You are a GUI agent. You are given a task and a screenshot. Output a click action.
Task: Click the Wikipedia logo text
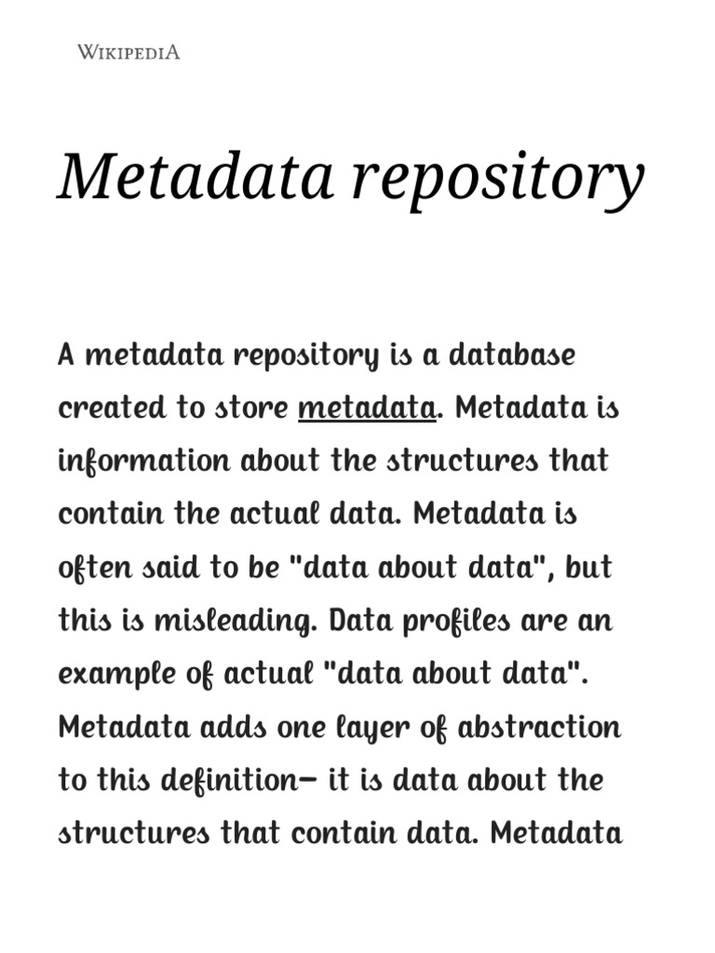(x=128, y=52)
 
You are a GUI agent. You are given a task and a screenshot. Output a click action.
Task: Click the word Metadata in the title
(x=196, y=176)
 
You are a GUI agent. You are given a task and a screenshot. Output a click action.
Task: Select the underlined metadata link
(x=367, y=409)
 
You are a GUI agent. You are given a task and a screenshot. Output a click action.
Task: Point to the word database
(x=513, y=355)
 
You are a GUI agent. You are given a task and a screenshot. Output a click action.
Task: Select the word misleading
(x=242, y=621)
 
